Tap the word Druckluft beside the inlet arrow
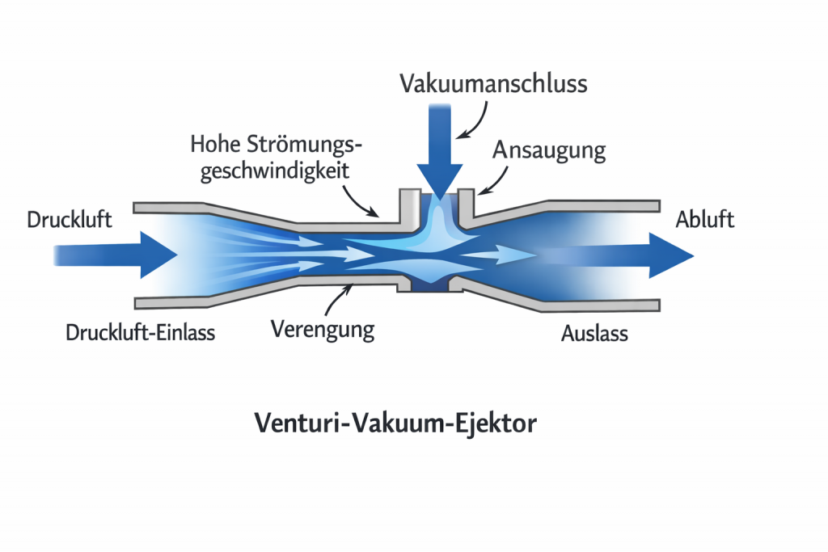point(69,219)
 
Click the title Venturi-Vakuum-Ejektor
point(395,423)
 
